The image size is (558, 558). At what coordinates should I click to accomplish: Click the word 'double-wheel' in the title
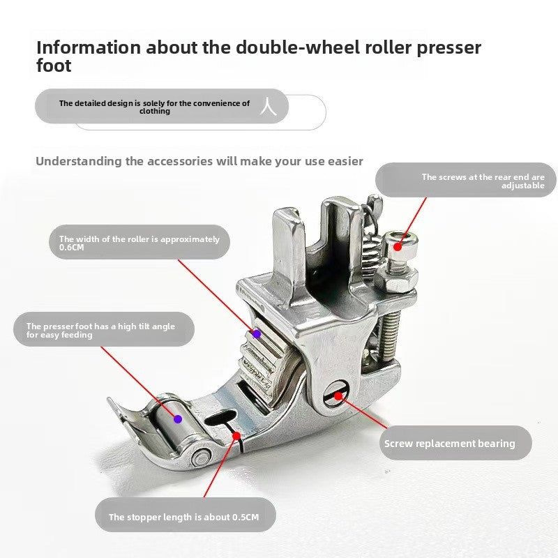pos(298,47)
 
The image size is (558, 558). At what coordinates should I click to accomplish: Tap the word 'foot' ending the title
pos(54,66)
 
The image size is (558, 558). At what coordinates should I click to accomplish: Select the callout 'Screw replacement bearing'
pos(455,443)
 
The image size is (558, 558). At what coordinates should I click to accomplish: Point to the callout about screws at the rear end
pos(466,180)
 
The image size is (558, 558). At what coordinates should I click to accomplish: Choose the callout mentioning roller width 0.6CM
pos(139,242)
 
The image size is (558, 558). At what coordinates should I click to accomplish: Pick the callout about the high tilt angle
pos(104,329)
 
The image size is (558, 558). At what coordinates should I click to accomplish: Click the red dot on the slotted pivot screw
pos(338,395)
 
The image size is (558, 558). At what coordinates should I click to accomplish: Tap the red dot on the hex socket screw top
pos(398,247)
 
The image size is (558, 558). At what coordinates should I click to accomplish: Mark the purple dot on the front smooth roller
pos(178,419)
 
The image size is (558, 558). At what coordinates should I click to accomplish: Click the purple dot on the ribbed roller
pos(257,334)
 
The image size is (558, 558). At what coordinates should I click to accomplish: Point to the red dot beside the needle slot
pos(236,435)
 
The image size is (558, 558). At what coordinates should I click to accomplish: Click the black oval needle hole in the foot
pos(220,417)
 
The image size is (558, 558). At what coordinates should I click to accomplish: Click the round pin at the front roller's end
pos(201,457)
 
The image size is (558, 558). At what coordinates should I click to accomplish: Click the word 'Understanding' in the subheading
pos(79,162)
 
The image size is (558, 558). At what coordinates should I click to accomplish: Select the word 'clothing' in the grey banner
pos(155,112)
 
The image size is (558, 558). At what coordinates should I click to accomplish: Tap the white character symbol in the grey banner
pos(269,106)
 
